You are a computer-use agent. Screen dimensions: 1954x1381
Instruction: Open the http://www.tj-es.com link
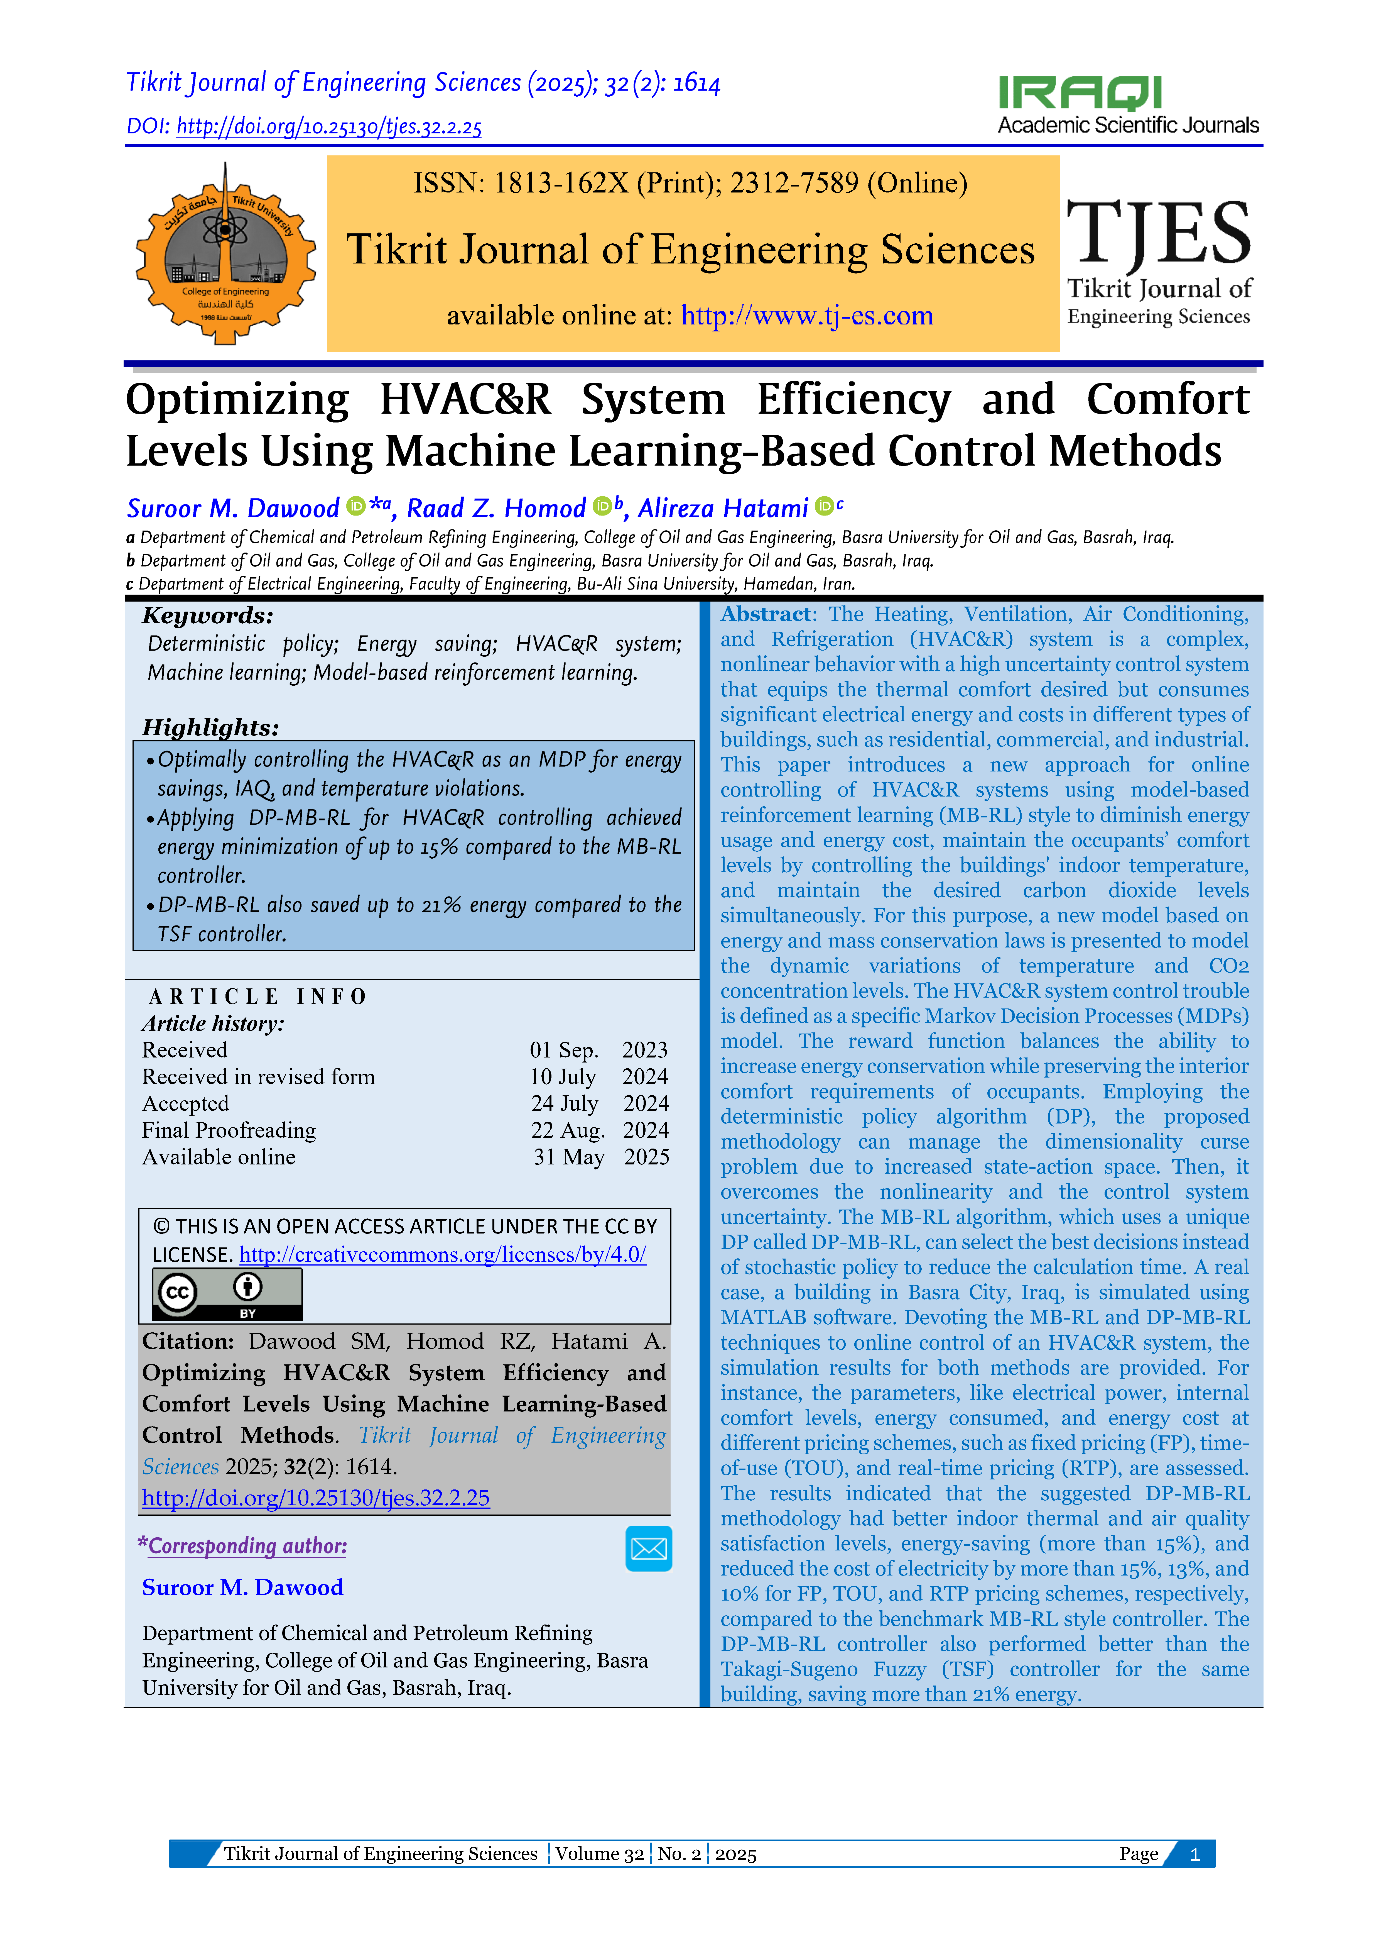pyautogui.click(x=807, y=316)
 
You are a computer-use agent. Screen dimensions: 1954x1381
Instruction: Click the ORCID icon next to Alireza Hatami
pyautogui.click(x=824, y=506)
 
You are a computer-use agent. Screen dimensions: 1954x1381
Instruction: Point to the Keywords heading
pyautogui.click(x=208, y=615)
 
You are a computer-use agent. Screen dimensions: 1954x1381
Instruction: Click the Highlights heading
pyautogui.click(x=210, y=728)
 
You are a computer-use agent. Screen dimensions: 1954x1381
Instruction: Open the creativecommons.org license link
pyautogui.click(x=442, y=1255)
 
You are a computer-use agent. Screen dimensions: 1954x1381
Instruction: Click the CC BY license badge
pyautogui.click(x=226, y=1294)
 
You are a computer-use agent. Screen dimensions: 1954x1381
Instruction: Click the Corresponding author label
pyautogui.click(x=247, y=1546)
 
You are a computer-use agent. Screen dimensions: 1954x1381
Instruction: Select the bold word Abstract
pyautogui.click(x=766, y=614)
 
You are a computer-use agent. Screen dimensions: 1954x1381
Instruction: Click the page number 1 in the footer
pyautogui.click(x=1195, y=1854)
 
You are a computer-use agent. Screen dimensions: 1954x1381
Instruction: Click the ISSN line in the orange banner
pyautogui.click(x=690, y=183)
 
